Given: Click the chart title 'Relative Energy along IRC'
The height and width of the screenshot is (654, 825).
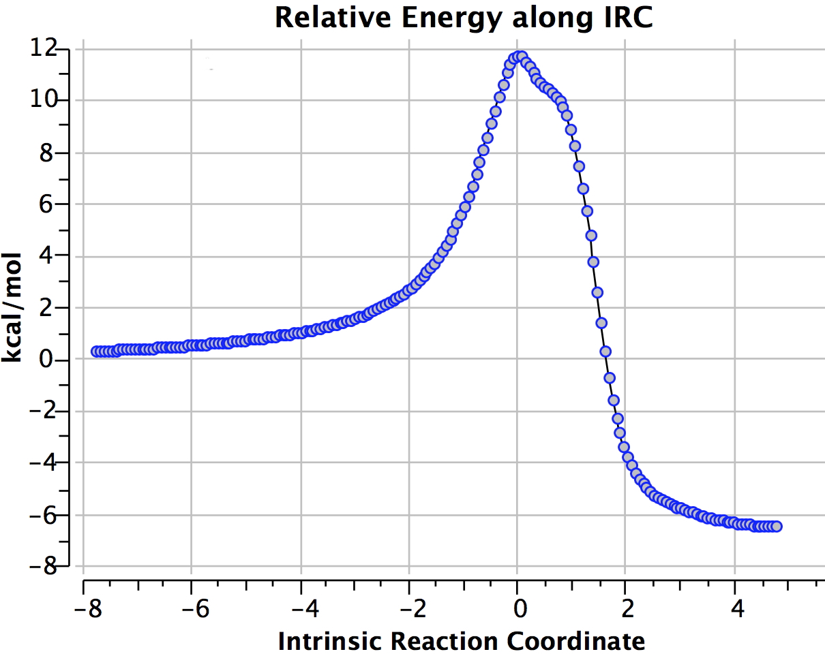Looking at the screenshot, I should (464, 18).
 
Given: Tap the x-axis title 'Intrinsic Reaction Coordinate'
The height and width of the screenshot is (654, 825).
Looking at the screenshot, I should (461, 640).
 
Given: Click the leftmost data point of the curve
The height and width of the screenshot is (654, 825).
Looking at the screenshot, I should (97, 352).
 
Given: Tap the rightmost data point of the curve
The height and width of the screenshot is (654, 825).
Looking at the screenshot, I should (776, 526).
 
